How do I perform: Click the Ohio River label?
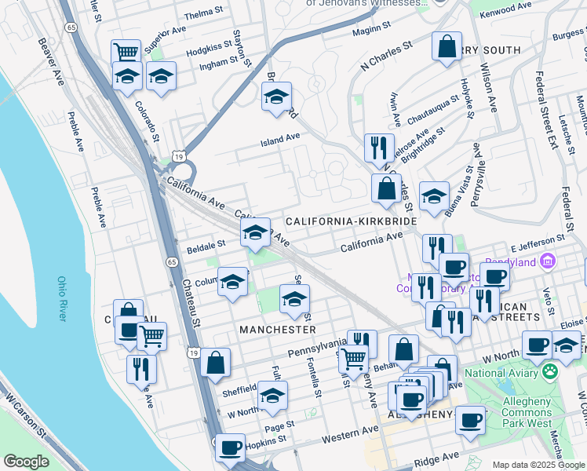[x=61, y=298]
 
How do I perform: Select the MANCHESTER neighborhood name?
[x=277, y=330]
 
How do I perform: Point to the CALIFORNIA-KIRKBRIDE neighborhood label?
[x=351, y=222]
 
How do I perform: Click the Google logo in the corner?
[x=26, y=462]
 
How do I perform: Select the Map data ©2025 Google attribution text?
[x=538, y=465]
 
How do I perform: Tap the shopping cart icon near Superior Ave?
[x=126, y=53]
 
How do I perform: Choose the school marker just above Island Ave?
[x=275, y=97]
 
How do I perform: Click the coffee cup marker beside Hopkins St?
[x=230, y=447]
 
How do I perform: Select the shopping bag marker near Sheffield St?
[x=215, y=363]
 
